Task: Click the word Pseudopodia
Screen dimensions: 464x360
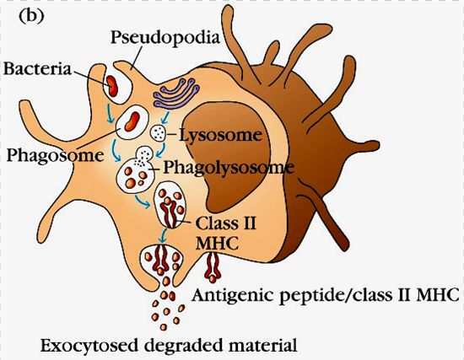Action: point(165,39)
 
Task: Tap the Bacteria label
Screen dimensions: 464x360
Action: point(38,69)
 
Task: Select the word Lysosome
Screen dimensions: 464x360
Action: point(221,136)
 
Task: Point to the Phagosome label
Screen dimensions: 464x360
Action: point(56,155)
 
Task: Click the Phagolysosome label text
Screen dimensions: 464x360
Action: point(229,168)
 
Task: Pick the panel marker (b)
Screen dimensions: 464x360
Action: point(32,17)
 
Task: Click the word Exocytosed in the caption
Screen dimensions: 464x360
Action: point(89,346)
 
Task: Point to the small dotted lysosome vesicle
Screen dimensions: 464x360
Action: point(158,133)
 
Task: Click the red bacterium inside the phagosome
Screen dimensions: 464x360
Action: point(132,121)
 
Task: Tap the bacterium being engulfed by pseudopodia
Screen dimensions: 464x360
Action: point(112,86)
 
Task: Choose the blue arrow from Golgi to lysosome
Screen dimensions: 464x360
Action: point(165,117)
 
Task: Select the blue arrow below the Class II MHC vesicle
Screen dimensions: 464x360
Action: point(162,237)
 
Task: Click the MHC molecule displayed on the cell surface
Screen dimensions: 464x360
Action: point(213,266)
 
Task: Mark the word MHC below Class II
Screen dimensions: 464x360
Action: point(217,244)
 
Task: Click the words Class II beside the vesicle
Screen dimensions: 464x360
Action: point(226,223)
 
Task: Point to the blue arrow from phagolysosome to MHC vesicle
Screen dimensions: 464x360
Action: point(143,201)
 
